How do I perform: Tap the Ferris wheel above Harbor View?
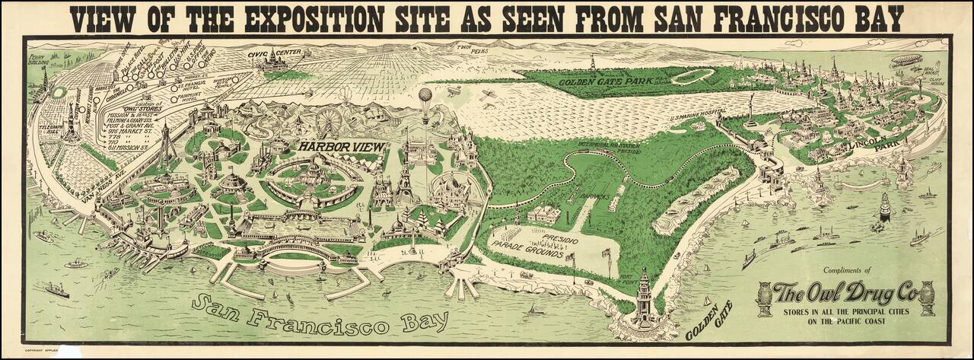coord(328,121)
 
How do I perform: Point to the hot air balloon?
coord(425,96)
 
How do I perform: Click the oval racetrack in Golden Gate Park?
coord(692,76)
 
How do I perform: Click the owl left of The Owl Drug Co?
coord(763,298)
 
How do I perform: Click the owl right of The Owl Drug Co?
coord(927,298)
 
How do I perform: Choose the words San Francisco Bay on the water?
coord(320,314)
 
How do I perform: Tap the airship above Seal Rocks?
coord(906,59)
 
